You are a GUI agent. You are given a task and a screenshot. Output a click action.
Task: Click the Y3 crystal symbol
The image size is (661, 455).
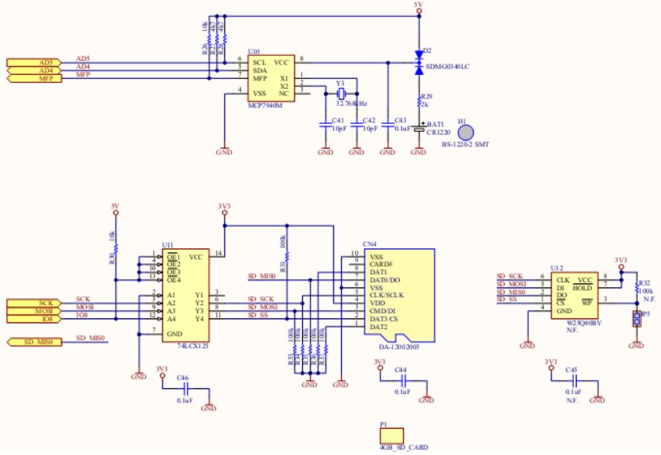tap(340, 94)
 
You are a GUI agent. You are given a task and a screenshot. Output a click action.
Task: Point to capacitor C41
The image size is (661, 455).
tap(325, 124)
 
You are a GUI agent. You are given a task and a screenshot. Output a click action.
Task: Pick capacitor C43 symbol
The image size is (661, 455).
tap(388, 124)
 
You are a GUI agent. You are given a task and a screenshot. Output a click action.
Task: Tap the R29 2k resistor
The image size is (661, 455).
tap(419, 103)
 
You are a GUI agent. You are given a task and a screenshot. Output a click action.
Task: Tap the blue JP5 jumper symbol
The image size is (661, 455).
tap(636, 320)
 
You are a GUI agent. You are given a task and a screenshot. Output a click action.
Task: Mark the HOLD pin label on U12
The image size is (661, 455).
tap(581, 288)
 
